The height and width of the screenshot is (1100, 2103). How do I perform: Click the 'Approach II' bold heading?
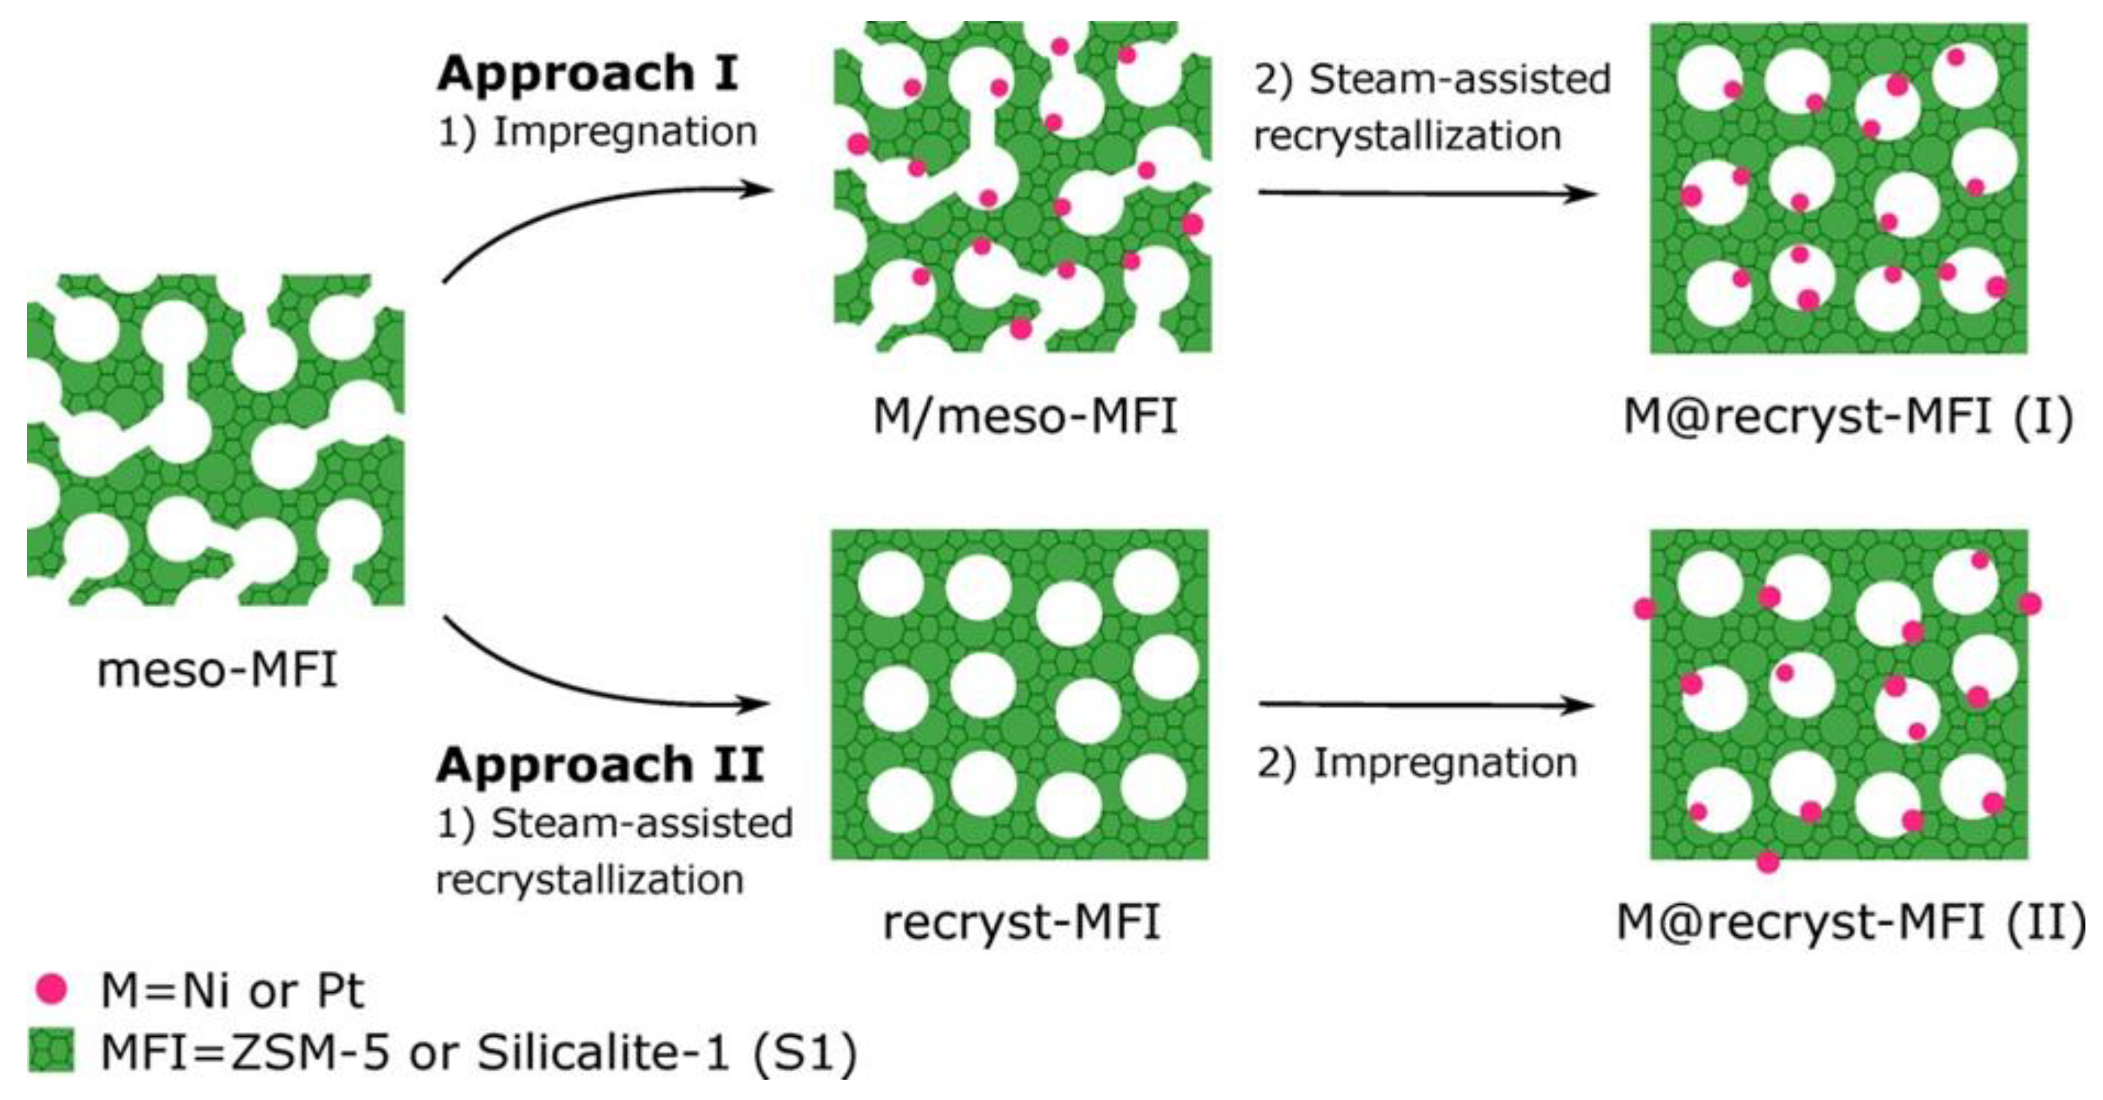click(x=600, y=765)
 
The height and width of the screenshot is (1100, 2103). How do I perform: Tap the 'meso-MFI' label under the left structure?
click(x=217, y=671)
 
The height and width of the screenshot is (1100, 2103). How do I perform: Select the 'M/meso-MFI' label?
click(x=1025, y=416)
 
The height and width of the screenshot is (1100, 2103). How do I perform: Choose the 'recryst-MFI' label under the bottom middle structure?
click(x=1021, y=923)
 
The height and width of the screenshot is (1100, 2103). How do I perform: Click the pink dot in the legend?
click(x=52, y=989)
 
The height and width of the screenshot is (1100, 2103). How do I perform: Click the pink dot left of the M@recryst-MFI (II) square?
click(x=1644, y=608)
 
